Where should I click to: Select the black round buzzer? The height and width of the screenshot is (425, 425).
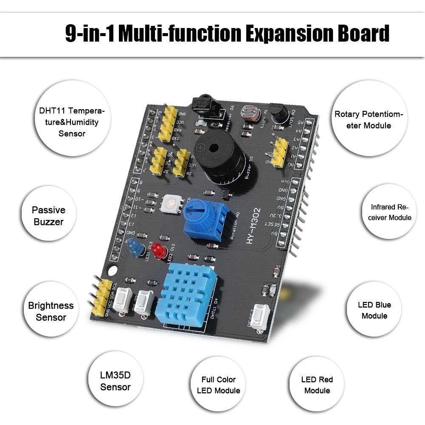click(219, 159)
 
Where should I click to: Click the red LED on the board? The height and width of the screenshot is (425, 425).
click(160, 250)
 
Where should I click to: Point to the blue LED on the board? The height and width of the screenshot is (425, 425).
click(135, 247)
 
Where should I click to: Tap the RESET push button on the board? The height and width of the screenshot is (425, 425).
click(260, 317)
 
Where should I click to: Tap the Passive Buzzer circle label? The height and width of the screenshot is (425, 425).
click(48, 216)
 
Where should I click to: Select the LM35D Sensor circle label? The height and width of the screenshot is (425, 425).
click(115, 381)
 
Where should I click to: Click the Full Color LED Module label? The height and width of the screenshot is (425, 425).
click(218, 385)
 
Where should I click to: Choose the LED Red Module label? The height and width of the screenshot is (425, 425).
click(317, 385)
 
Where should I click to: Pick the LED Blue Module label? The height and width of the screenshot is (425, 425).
click(374, 310)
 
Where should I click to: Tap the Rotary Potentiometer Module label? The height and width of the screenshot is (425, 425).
click(369, 119)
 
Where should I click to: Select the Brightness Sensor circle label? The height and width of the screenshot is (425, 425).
click(51, 311)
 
